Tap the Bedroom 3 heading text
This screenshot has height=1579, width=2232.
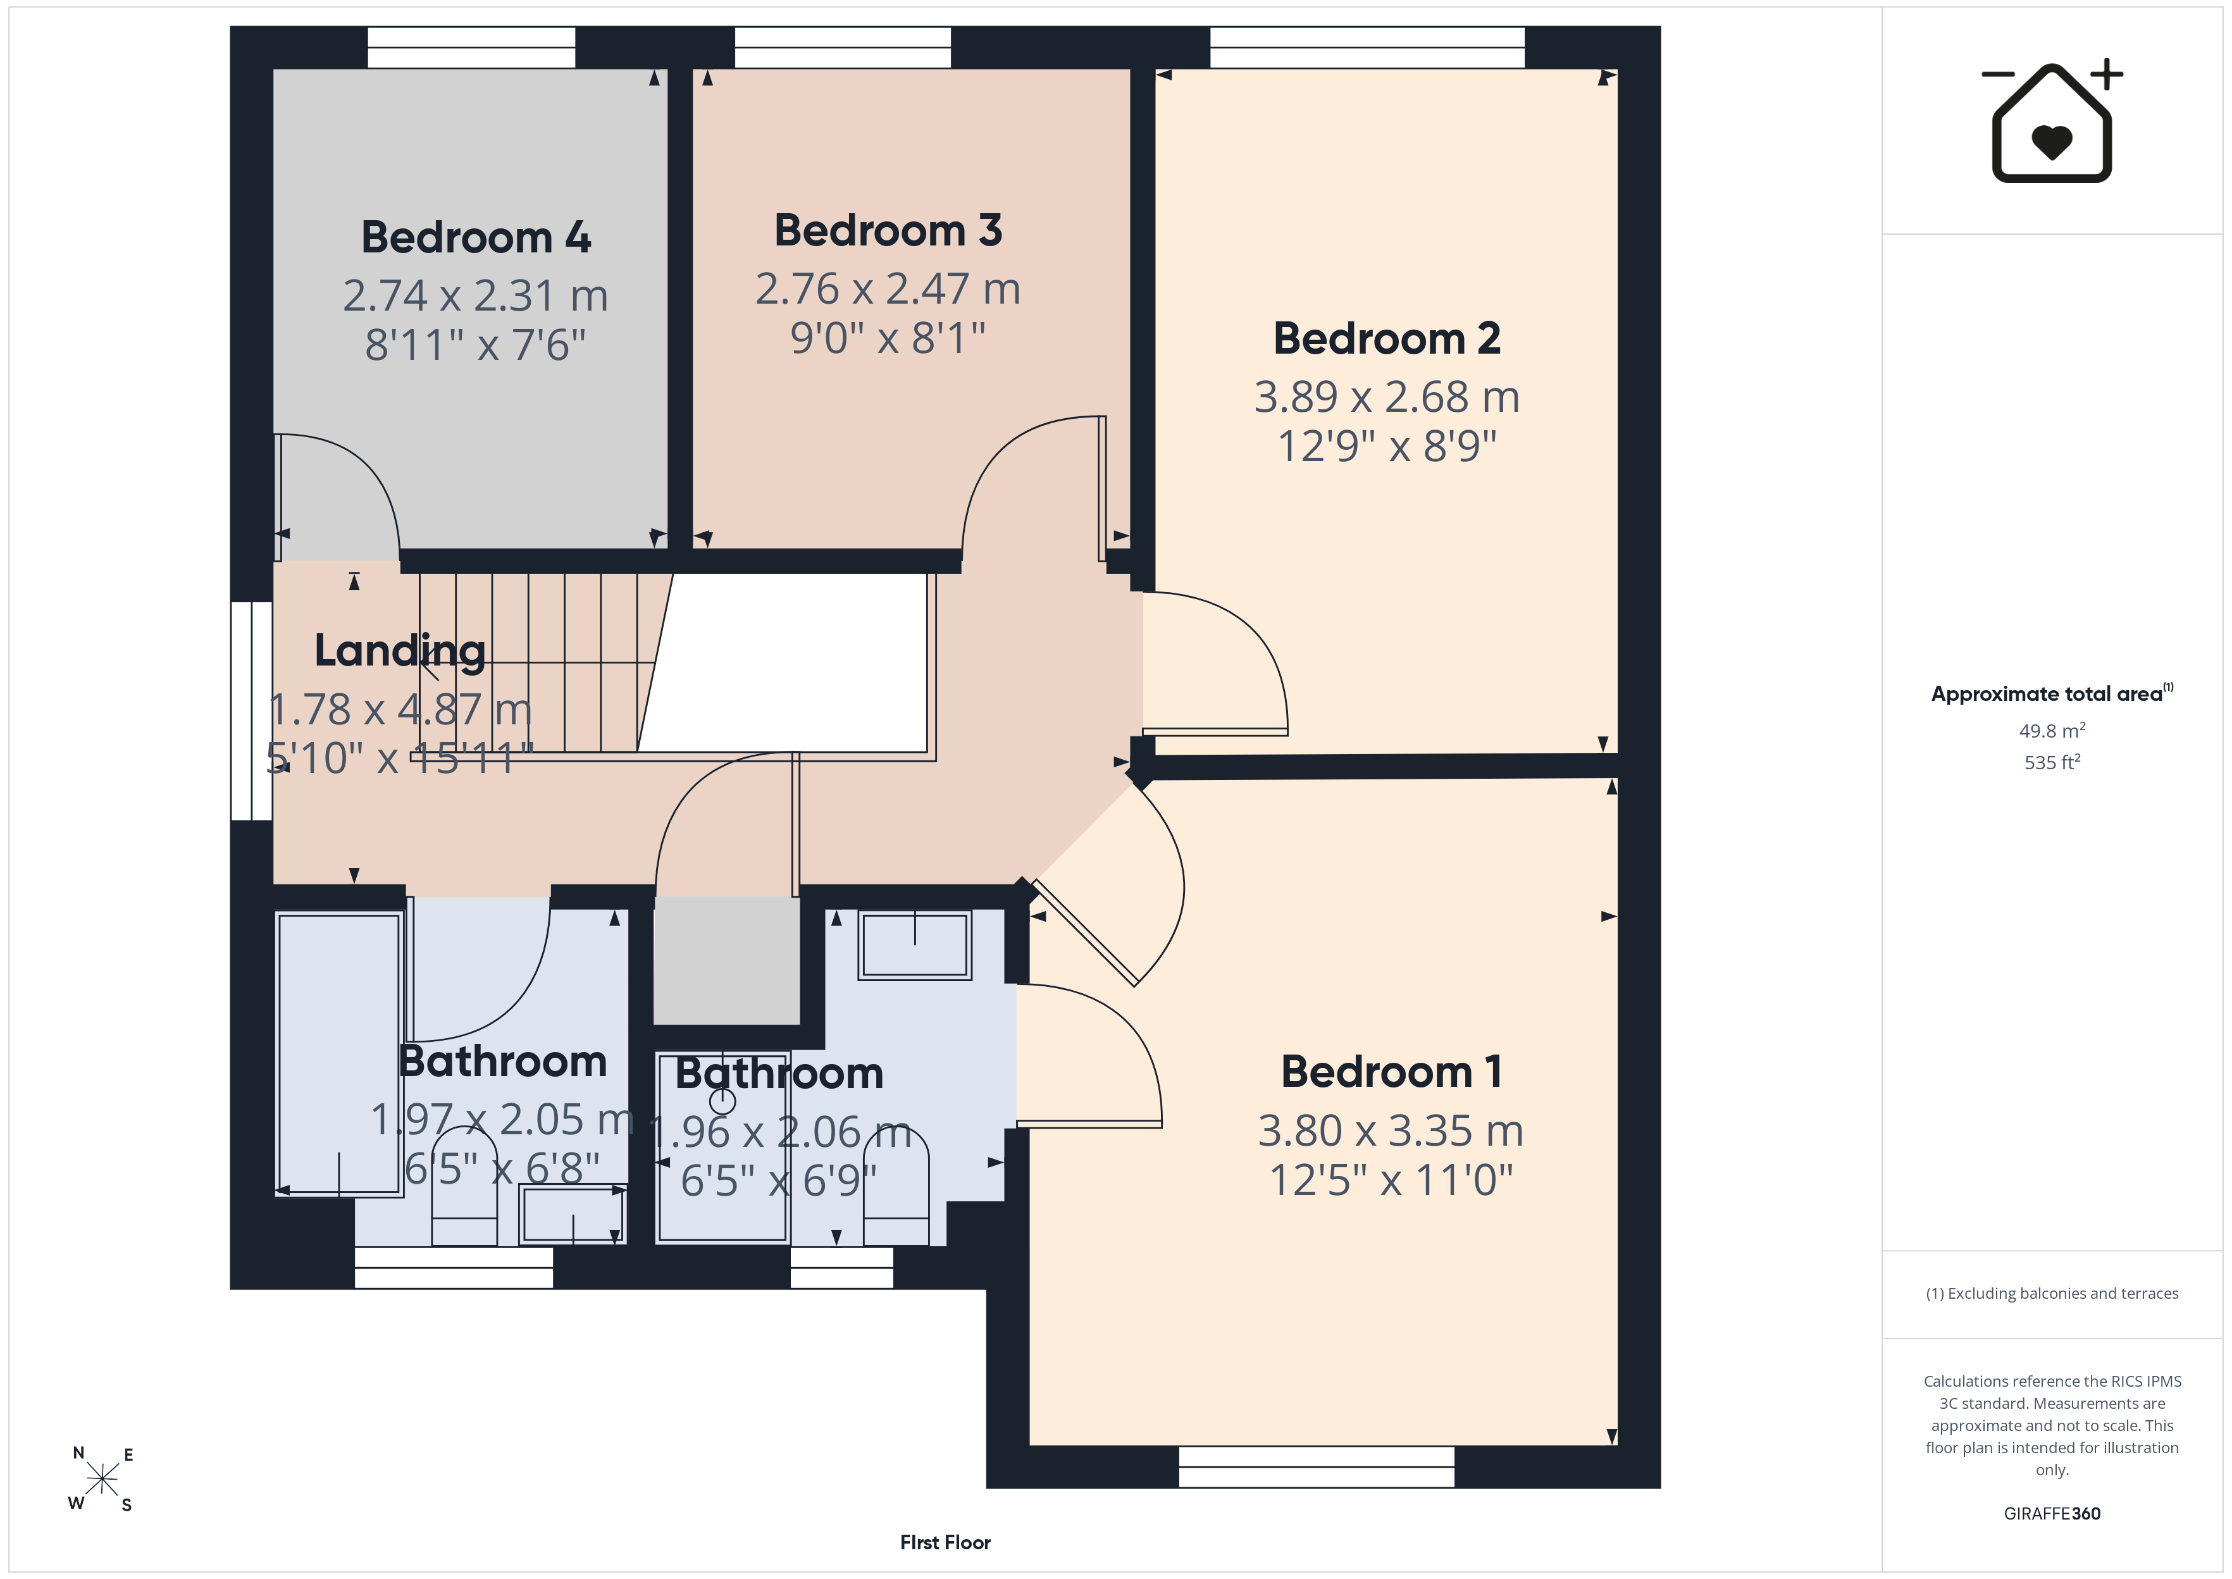888,230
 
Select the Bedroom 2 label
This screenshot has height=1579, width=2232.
1387,338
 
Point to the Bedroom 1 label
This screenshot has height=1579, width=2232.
1391,1072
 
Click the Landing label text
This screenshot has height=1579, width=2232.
400,650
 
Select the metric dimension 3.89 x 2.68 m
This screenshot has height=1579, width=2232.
1387,397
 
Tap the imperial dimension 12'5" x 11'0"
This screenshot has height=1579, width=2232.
1391,1179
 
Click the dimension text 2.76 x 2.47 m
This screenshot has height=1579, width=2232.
888,288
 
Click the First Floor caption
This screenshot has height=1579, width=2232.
945,1542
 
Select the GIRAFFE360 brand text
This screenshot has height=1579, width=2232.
2052,1513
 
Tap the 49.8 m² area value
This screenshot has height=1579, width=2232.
2052,730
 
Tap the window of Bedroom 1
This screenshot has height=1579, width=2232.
1317,1466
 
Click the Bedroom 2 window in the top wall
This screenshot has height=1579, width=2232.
1367,47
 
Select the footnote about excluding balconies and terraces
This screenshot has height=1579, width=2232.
2052,1293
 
